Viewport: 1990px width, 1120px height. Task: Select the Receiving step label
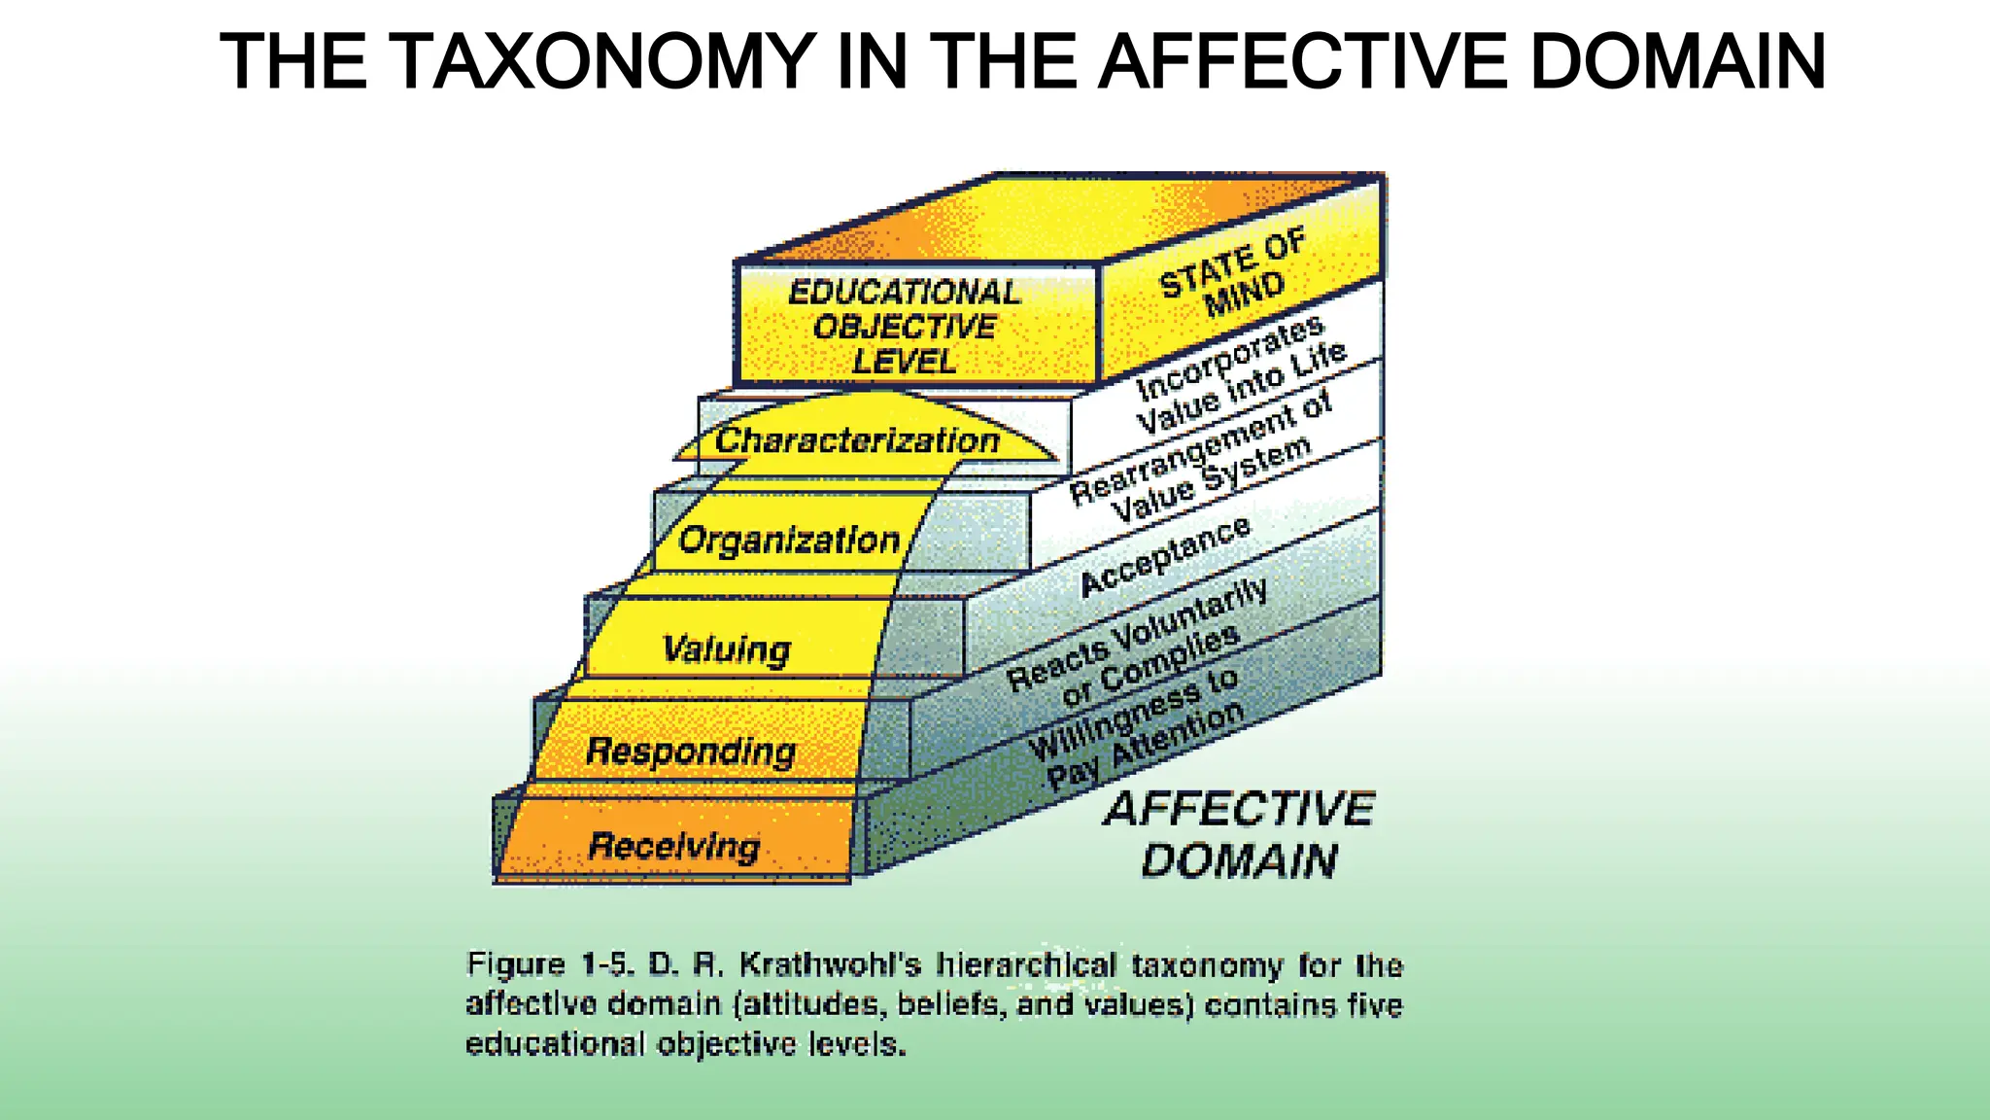pyautogui.click(x=673, y=846)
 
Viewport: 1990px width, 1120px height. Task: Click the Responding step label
pyautogui.click(x=690, y=752)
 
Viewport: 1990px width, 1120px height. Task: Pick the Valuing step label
pyautogui.click(x=726, y=648)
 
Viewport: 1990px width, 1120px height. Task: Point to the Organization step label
pyautogui.click(x=788, y=540)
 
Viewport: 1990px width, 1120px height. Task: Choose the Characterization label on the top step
pyautogui.click(x=856, y=440)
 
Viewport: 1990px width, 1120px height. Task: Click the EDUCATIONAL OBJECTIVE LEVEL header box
pyautogui.click(x=904, y=327)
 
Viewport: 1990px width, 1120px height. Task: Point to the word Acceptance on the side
pyautogui.click(x=1165, y=555)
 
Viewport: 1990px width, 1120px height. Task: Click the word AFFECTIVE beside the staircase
pyautogui.click(x=1239, y=809)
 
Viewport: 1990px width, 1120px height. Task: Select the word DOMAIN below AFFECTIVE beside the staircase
pyautogui.click(x=1239, y=861)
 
